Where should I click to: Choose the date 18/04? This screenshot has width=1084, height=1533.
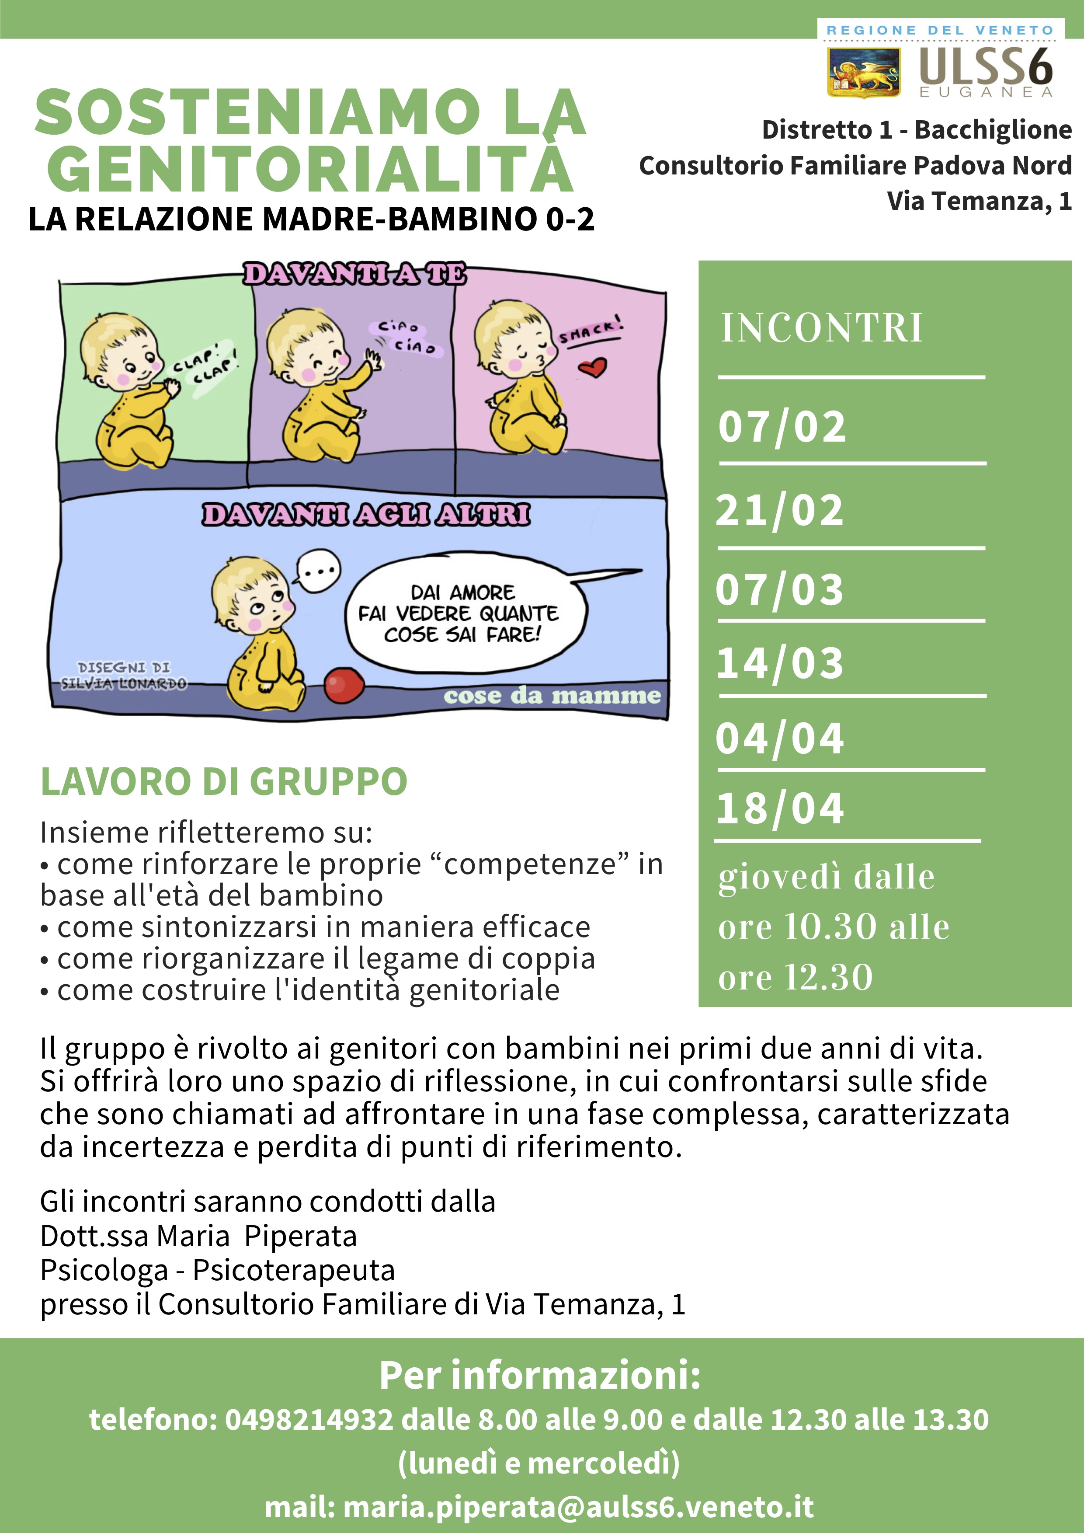pyautogui.click(x=780, y=808)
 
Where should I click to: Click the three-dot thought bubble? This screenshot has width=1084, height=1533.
pyautogui.click(x=318, y=571)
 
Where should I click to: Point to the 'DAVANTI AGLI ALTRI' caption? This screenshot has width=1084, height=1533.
pyautogui.click(x=366, y=515)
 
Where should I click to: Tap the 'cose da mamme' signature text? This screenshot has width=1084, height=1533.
pyautogui.click(x=552, y=696)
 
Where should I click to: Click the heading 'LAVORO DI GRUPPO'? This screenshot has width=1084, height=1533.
pyautogui.click(x=224, y=781)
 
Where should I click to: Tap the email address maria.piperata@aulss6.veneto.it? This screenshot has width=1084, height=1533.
pyautogui.click(x=578, y=1507)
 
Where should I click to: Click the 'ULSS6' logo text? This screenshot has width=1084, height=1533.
pyautogui.click(x=985, y=67)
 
